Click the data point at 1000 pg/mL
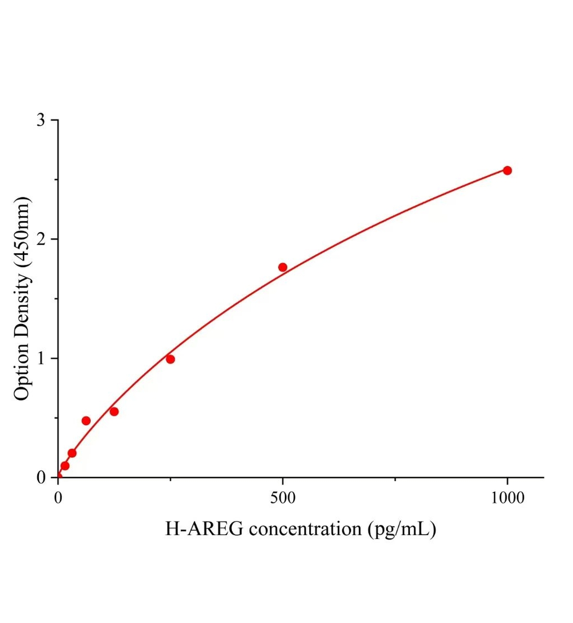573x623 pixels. tap(507, 170)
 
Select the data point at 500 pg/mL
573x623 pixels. tap(283, 267)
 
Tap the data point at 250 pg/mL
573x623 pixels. tap(170, 359)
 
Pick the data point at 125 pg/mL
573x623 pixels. tap(114, 412)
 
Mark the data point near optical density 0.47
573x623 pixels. tap(86, 421)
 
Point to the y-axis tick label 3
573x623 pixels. tap(41, 120)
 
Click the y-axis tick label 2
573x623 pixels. tap(41, 239)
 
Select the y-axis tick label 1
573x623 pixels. tap(41, 358)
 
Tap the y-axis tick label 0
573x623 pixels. tap(41, 478)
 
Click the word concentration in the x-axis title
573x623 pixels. tap(306, 529)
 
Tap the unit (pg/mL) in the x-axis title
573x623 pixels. tap(402, 529)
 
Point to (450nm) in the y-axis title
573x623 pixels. tap(21, 232)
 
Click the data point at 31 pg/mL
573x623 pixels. tap(72, 453)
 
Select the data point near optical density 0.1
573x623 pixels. tap(65, 466)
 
